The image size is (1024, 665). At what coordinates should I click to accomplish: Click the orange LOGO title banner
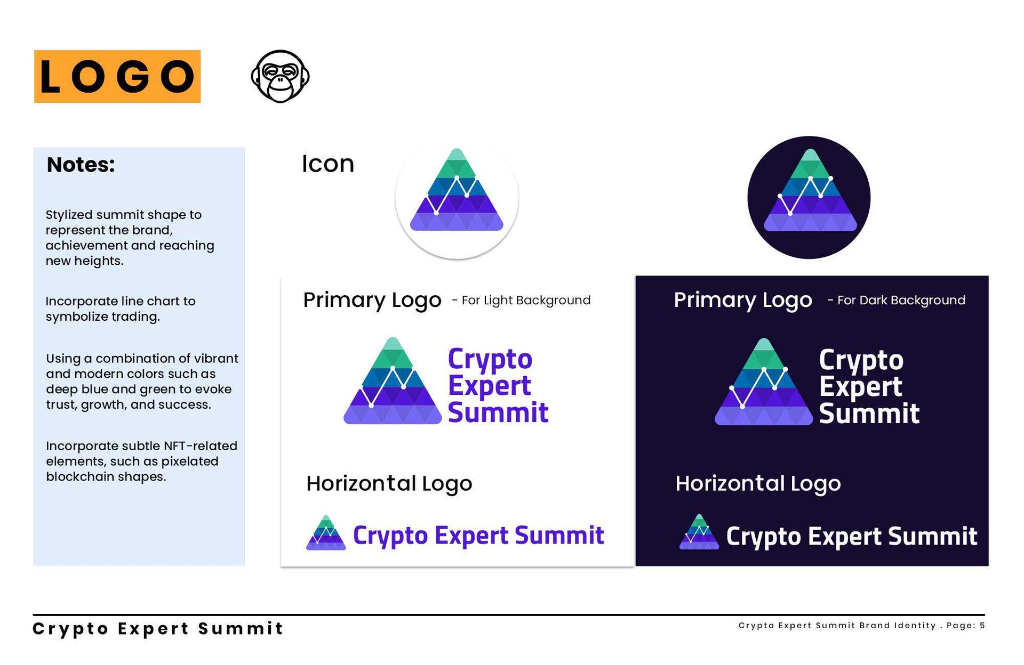coord(117,76)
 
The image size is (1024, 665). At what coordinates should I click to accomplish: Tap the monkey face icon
coord(280,76)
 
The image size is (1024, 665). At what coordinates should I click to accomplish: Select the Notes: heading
coord(81,165)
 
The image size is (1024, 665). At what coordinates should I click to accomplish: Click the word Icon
coord(327,164)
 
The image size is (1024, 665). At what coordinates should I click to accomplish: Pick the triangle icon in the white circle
coord(457,190)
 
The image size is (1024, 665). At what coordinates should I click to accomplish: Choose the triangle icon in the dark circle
coord(810,190)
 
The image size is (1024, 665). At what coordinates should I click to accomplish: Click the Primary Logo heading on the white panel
coord(372,300)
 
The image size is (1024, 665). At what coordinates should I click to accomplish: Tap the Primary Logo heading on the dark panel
coord(743,300)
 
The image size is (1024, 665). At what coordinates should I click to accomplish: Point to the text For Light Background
coord(526,301)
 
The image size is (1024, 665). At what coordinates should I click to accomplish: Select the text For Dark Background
coord(901,301)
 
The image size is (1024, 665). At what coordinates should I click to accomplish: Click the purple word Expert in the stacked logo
coord(490,386)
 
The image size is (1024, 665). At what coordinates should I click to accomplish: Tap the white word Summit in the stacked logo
coord(869,413)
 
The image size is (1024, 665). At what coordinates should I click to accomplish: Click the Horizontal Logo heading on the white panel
coord(389,484)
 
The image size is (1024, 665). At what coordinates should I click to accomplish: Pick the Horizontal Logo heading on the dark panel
coord(758,484)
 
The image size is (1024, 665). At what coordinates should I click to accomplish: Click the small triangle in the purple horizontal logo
coord(326,532)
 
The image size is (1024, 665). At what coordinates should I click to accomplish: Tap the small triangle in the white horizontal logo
coord(699,532)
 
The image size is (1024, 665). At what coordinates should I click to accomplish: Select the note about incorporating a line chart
coord(121,309)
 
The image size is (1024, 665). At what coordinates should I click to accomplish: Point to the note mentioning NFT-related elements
coord(141,461)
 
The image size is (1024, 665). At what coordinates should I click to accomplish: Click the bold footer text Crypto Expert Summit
coord(158,629)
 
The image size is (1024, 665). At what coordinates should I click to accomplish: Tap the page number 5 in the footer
coord(982,626)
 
